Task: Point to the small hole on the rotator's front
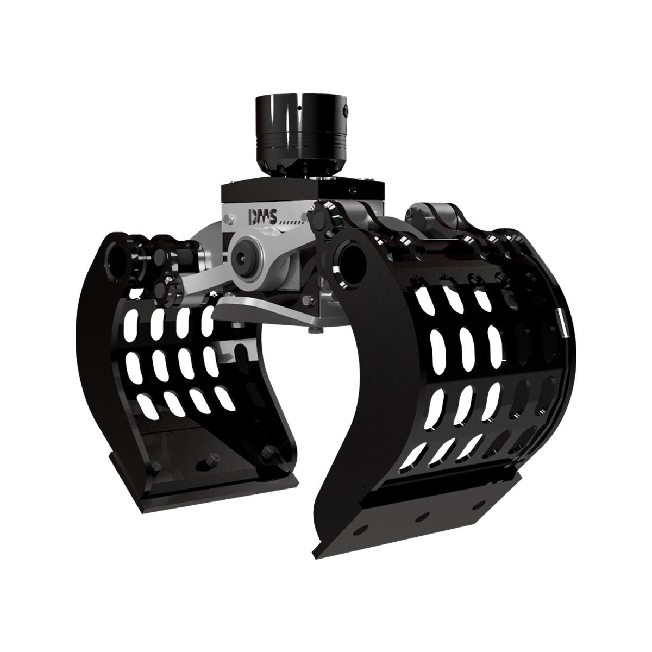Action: point(299,108)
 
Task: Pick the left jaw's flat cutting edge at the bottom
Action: point(217,494)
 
